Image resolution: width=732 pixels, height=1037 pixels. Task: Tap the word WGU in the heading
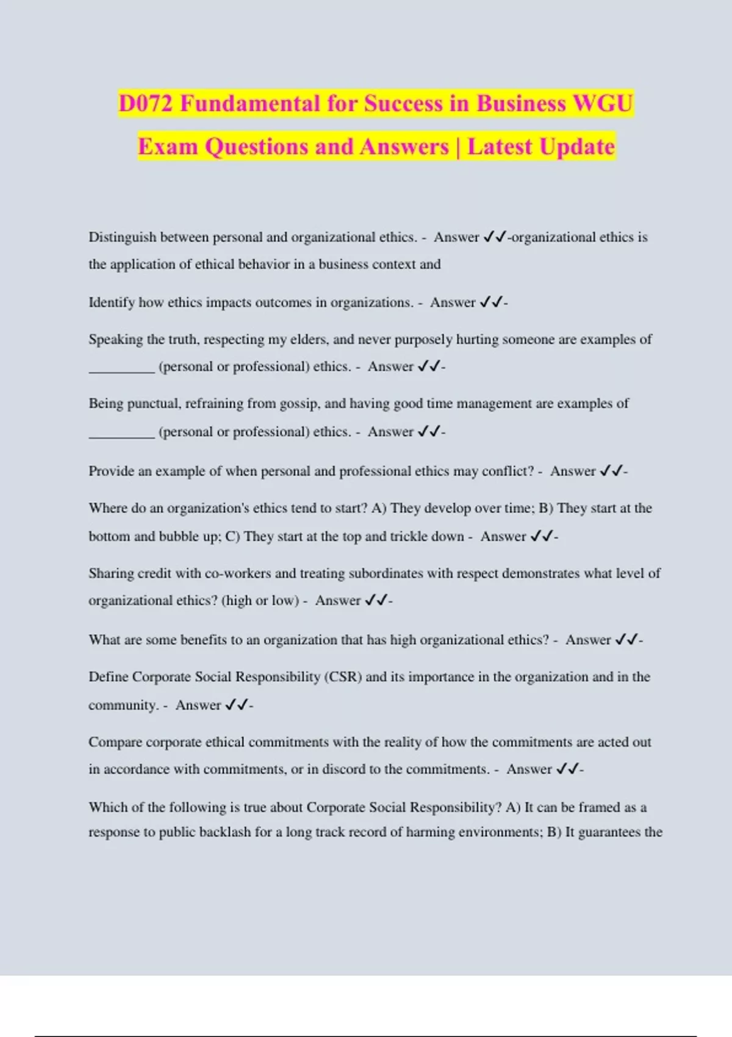[603, 103]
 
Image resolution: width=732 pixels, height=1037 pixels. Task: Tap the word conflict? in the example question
[508, 471]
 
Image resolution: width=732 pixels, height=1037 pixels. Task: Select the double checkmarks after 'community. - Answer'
[237, 705]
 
